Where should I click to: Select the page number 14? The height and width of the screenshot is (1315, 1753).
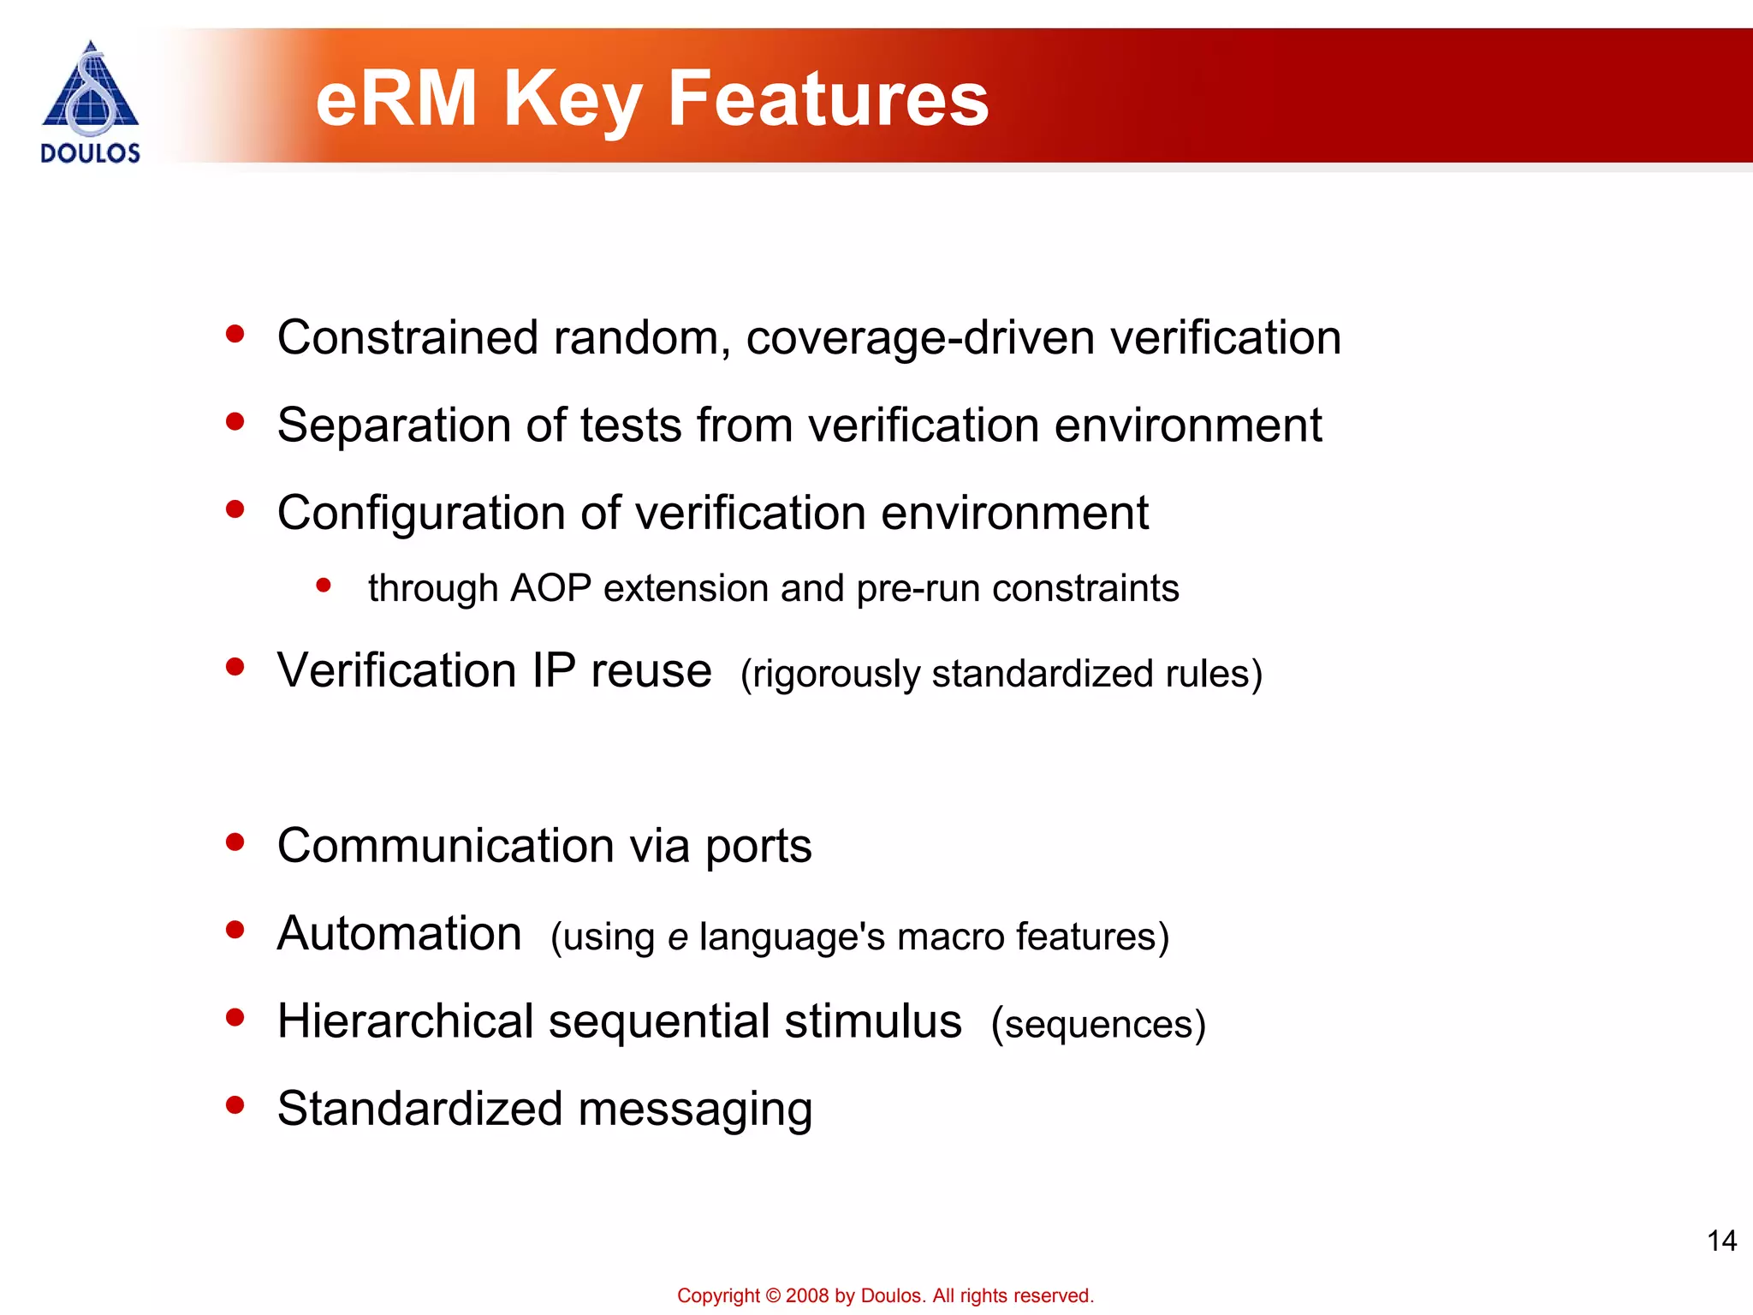click(x=1721, y=1241)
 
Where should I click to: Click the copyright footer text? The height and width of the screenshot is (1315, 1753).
click(x=885, y=1295)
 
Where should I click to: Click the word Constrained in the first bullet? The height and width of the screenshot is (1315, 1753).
click(x=407, y=337)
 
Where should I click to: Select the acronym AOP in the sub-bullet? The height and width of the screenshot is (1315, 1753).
click(x=550, y=589)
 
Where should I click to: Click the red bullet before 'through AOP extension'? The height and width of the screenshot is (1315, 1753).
click(x=324, y=586)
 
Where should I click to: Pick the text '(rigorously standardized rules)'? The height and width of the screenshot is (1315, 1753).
click(x=1001, y=674)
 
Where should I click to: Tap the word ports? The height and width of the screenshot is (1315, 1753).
click(x=758, y=848)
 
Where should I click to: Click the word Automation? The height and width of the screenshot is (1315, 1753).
click(x=399, y=933)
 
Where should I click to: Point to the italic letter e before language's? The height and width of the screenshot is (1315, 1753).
click(x=677, y=937)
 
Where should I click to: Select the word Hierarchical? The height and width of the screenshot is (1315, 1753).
click(x=406, y=1021)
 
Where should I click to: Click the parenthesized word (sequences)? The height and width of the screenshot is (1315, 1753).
click(x=1098, y=1025)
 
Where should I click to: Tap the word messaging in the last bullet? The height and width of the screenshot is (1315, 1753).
click(x=695, y=1110)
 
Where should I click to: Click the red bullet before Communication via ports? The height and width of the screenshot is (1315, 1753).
click(x=235, y=842)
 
